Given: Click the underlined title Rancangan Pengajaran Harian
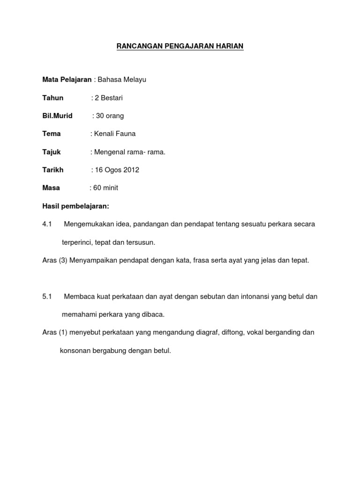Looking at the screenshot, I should pyautogui.click(x=180, y=46).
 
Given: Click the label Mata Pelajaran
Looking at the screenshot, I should pyautogui.click(x=67, y=80).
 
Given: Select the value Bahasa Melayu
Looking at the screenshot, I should pyautogui.click(x=122, y=80).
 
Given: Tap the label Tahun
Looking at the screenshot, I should pyautogui.click(x=52, y=98).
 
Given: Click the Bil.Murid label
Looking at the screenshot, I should pyautogui.click(x=57, y=116).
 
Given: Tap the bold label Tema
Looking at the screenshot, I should pyautogui.click(x=52, y=134).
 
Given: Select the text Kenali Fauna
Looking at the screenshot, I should pyautogui.click(x=115, y=134).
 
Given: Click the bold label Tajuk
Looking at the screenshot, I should pyautogui.click(x=52, y=152).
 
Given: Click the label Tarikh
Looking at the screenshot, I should pyautogui.click(x=52, y=170).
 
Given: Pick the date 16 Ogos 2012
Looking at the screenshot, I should pyautogui.click(x=117, y=170).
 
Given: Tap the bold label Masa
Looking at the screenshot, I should pyautogui.click(x=51, y=188).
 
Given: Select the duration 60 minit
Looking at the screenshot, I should pyautogui.click(x=105, y=188).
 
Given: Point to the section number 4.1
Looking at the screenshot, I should pyautogui.click(x=46, y=224).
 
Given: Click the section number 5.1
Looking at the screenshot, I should pyautogui.click(x=46, y=297).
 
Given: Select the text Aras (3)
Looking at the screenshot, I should pyautogui.click(x=55, y=261).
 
